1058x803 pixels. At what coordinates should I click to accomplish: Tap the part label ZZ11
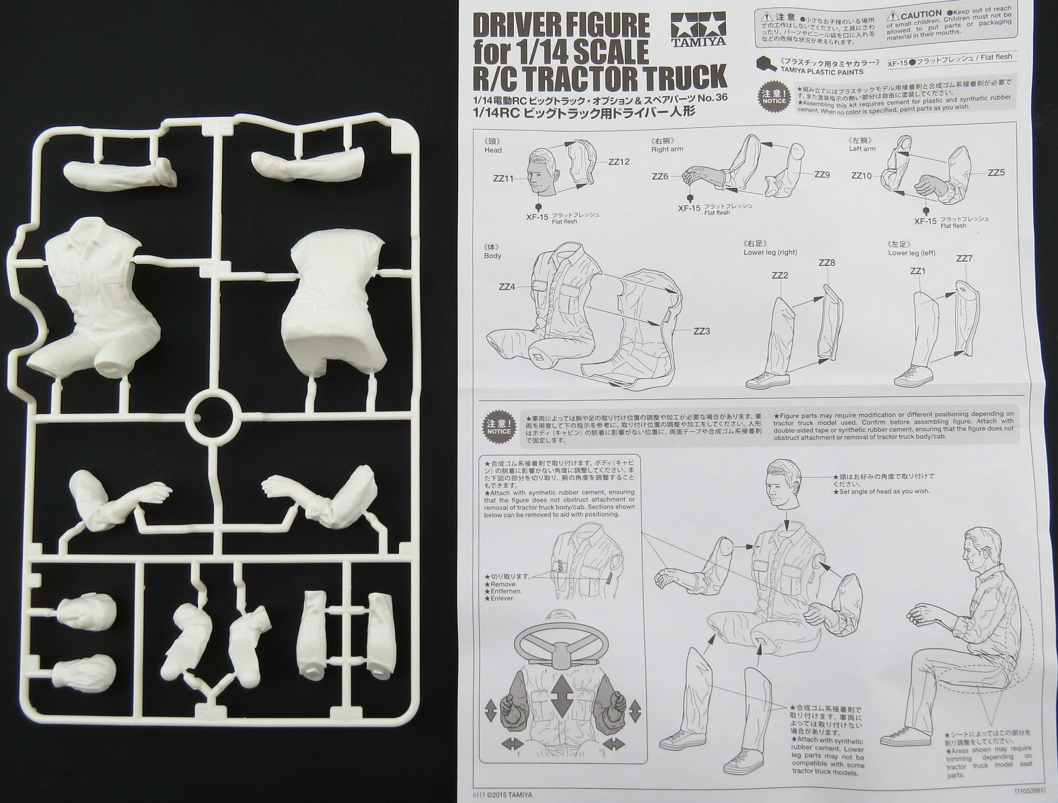pos(503,179)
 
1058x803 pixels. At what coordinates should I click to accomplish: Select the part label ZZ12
pos(619,162)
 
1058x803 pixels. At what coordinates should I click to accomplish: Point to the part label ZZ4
pos(507,287)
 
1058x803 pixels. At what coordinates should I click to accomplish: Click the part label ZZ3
pos(701,331)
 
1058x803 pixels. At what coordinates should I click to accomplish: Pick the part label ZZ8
pos(827,263)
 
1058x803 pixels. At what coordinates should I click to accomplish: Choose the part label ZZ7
pos(964,259)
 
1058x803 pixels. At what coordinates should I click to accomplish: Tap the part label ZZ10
pos(861,176)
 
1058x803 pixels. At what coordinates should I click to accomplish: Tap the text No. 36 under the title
pos(713,98)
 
